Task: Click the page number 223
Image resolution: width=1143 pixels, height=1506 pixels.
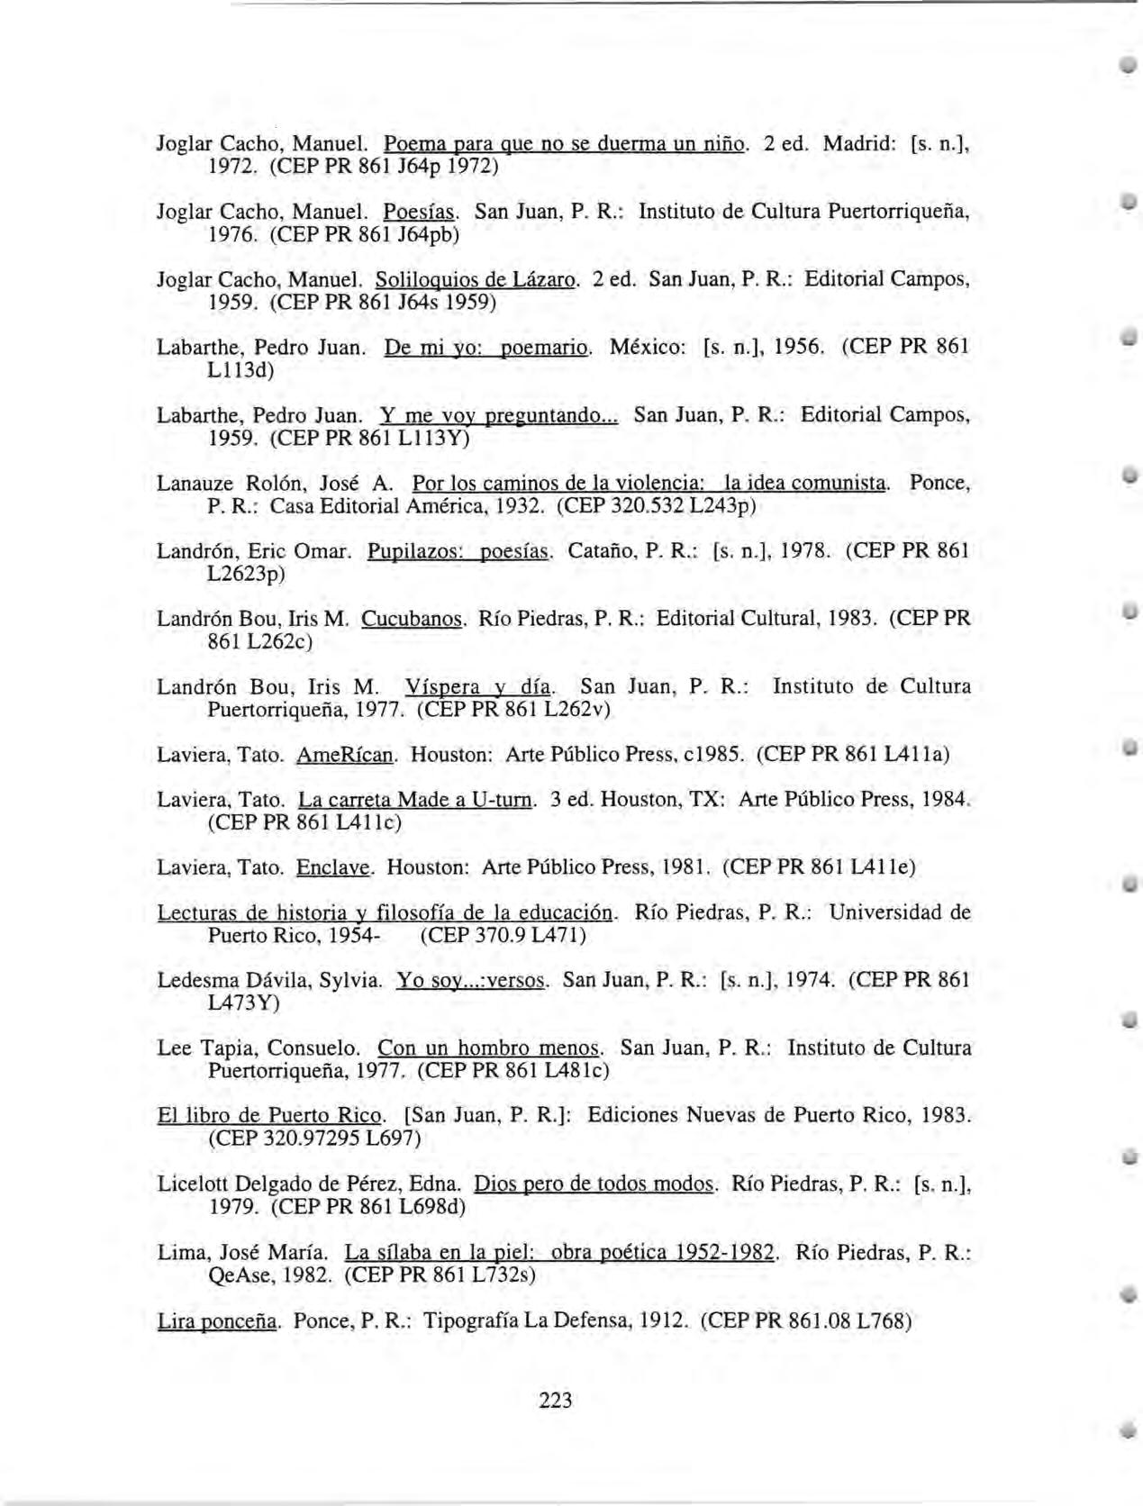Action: click(x=556, y=1399)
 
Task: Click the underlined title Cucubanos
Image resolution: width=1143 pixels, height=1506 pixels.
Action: click(x=413, y=619)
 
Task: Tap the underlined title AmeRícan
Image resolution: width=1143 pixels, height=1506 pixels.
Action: click(x=346, y=754)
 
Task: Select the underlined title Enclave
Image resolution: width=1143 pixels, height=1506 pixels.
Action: click(x=333, y=867)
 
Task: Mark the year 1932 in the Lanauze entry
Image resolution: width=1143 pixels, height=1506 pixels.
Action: click(x=521, y=506)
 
